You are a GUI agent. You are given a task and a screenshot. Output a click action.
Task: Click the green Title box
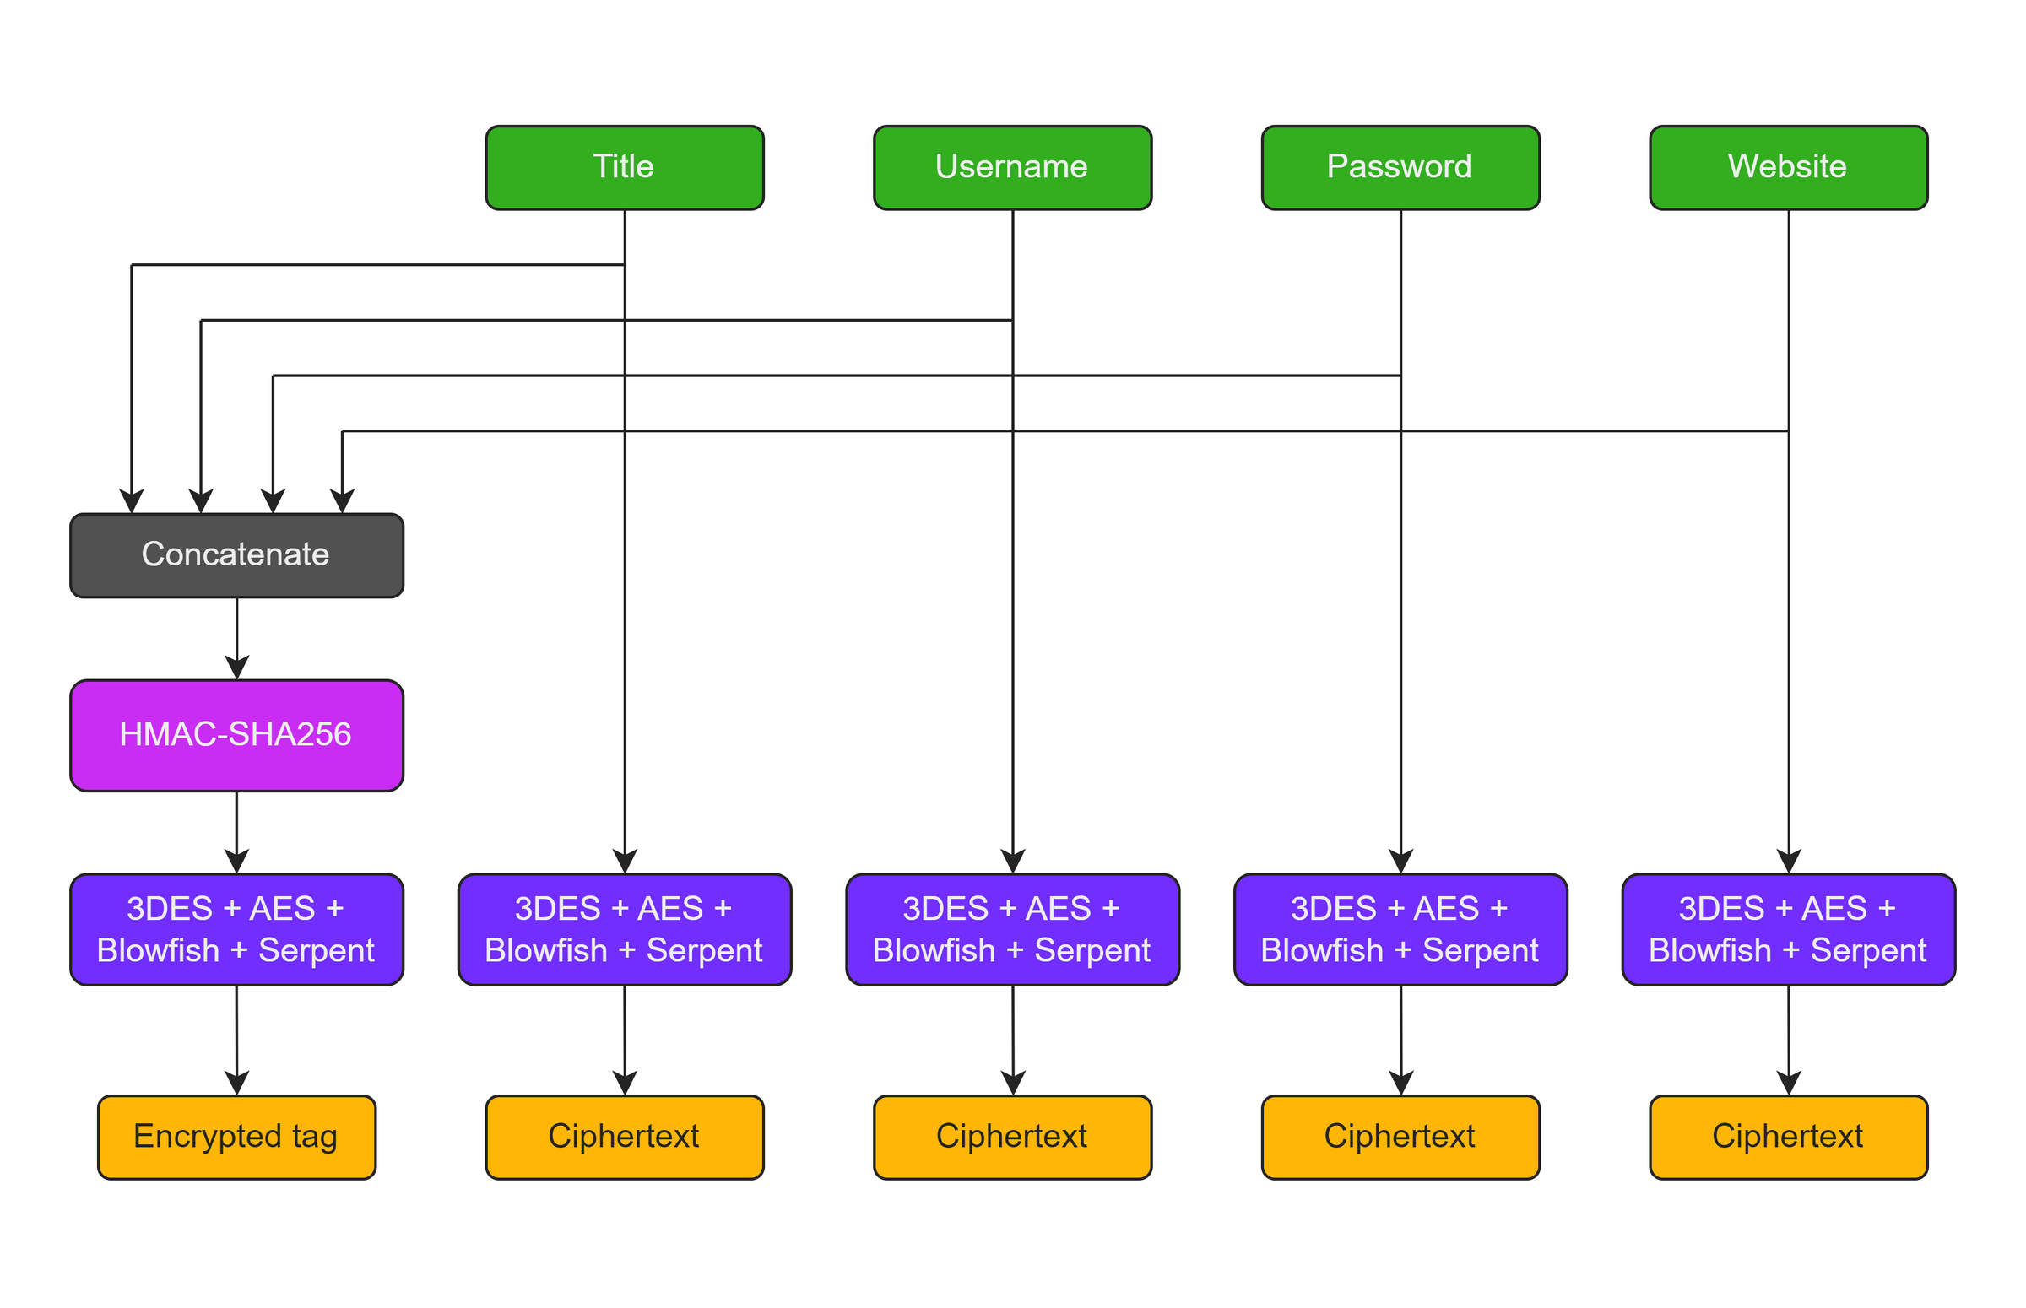point(625,167)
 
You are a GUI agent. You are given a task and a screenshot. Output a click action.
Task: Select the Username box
point(1012,167)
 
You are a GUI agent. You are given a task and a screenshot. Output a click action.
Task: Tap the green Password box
point(1400,167)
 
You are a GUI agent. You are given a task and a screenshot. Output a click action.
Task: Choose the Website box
point(1789,167)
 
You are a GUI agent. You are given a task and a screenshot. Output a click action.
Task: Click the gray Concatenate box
point(237,555)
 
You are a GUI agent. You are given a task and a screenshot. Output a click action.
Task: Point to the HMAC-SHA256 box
point(237,736)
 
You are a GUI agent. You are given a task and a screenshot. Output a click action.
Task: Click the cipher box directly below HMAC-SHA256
point(237,930)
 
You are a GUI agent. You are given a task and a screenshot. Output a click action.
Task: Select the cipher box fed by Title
point(625,930)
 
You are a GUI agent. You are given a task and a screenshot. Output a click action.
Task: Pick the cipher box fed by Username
point(1012,930)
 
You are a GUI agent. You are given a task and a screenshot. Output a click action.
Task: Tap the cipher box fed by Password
point(1400,930)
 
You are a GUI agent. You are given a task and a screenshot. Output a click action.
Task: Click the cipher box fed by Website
point(1789,930)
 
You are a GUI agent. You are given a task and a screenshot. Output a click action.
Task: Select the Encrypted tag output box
point(237,1138)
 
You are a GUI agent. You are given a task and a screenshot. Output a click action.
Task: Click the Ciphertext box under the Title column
point(625,1138)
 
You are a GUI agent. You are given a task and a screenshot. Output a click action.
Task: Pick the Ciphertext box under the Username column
point(1012,1138)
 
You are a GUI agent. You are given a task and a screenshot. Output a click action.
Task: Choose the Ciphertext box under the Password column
point(1400,1138)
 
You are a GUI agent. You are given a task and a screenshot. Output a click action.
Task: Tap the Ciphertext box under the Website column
point(1789,1138)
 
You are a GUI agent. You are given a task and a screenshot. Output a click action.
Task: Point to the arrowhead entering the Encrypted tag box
point(237,1084)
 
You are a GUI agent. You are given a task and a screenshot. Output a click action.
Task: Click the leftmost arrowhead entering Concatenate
point(132,503)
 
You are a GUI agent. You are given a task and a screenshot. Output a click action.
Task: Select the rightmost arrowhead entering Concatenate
point(343,503)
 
